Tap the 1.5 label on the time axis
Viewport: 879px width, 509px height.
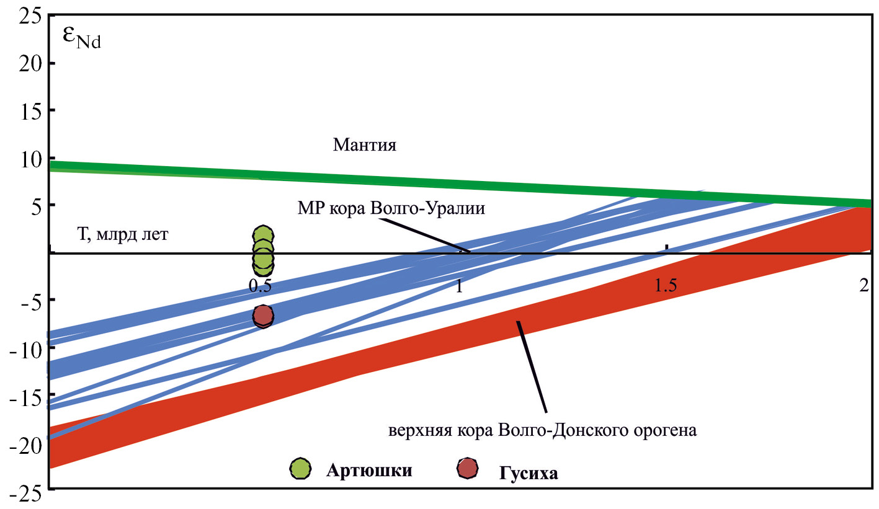click(x=665, y=286)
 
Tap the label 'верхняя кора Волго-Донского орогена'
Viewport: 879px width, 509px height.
click(x=543, y=430)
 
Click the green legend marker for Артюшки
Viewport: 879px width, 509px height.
click(x=301, y=469)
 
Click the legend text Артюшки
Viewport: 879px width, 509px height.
click(x=368, y=469)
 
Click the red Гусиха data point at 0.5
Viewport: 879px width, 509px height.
click(x=263, y=316)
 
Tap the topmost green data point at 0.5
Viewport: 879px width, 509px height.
click(x=264, y=235)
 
